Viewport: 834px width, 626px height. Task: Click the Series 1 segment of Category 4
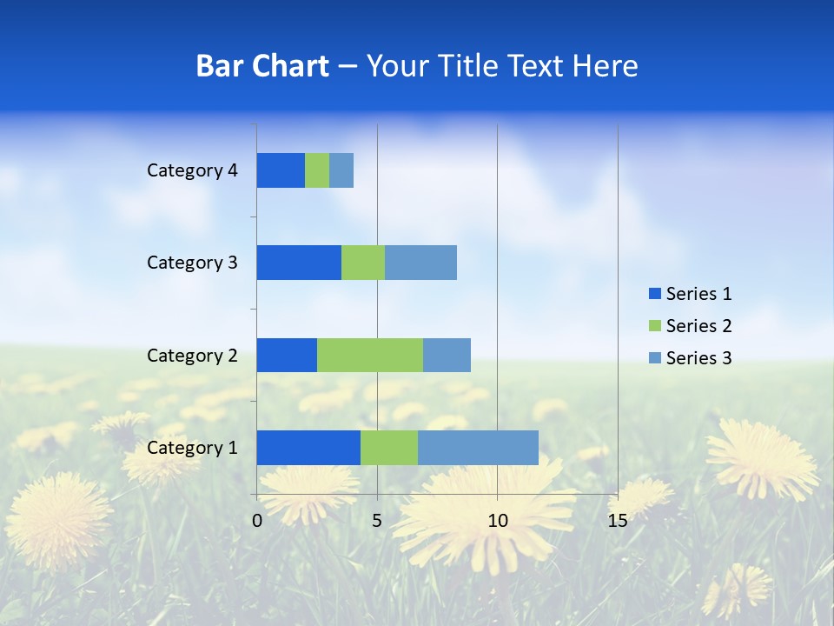click(281, 170)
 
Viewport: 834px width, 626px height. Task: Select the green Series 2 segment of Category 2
click(370, 355)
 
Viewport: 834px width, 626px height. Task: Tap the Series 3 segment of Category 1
click(478, 447)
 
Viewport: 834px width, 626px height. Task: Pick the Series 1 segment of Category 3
click(299, 263)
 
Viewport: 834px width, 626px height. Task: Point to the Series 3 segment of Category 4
click(341, 170)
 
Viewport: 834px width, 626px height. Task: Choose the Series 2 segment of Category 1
click(389, 447)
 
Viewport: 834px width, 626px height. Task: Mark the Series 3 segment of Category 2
click(447, 355)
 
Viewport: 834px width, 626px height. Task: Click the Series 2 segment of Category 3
click(363, 263)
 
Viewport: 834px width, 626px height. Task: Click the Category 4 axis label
click(192, 170)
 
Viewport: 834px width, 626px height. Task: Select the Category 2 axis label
click(192, 355)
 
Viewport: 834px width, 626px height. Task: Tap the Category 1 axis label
click(192, 448)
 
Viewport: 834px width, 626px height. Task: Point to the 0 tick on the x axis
click(257, 521)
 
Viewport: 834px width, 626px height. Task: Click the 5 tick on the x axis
click(377, 521)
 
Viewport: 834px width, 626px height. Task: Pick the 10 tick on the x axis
click(497, 521)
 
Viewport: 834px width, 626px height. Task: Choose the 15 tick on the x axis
click(617, 521)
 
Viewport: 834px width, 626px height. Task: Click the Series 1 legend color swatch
click(654, 294)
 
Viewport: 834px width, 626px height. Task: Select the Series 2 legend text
click(698, 326)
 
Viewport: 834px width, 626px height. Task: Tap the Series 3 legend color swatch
click(654, 358)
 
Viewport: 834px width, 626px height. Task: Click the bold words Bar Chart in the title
click(262, 66)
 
